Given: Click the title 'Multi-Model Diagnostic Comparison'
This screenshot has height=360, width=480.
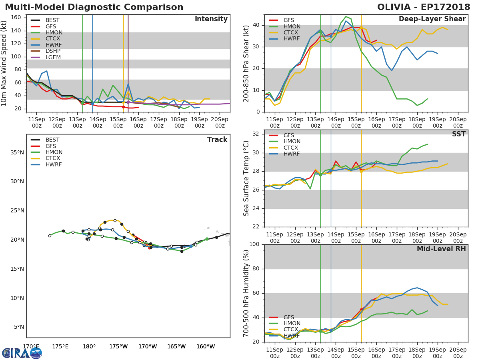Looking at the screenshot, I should tap(94, 7).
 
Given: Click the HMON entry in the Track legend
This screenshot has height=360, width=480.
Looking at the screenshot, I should tap(54, 152).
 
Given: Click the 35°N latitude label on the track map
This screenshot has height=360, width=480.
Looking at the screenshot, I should tap(17, 152).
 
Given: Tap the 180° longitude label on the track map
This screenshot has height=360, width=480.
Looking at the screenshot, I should tap(89, 346).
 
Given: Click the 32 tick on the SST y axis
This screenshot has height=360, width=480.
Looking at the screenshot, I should tap(256, 134).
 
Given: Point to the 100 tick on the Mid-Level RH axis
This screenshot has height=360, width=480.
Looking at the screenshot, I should tap(254, 244).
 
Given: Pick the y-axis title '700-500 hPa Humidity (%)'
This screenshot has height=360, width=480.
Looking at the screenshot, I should tap(246, 293).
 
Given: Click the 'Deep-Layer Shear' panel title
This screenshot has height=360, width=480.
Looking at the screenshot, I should tap(432, 19).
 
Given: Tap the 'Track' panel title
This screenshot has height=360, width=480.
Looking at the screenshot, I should tap(217, 140).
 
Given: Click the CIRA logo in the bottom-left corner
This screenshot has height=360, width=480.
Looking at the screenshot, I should tap(22, 353).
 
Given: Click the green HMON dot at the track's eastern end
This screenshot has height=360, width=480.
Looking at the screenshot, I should tap(207, 239).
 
